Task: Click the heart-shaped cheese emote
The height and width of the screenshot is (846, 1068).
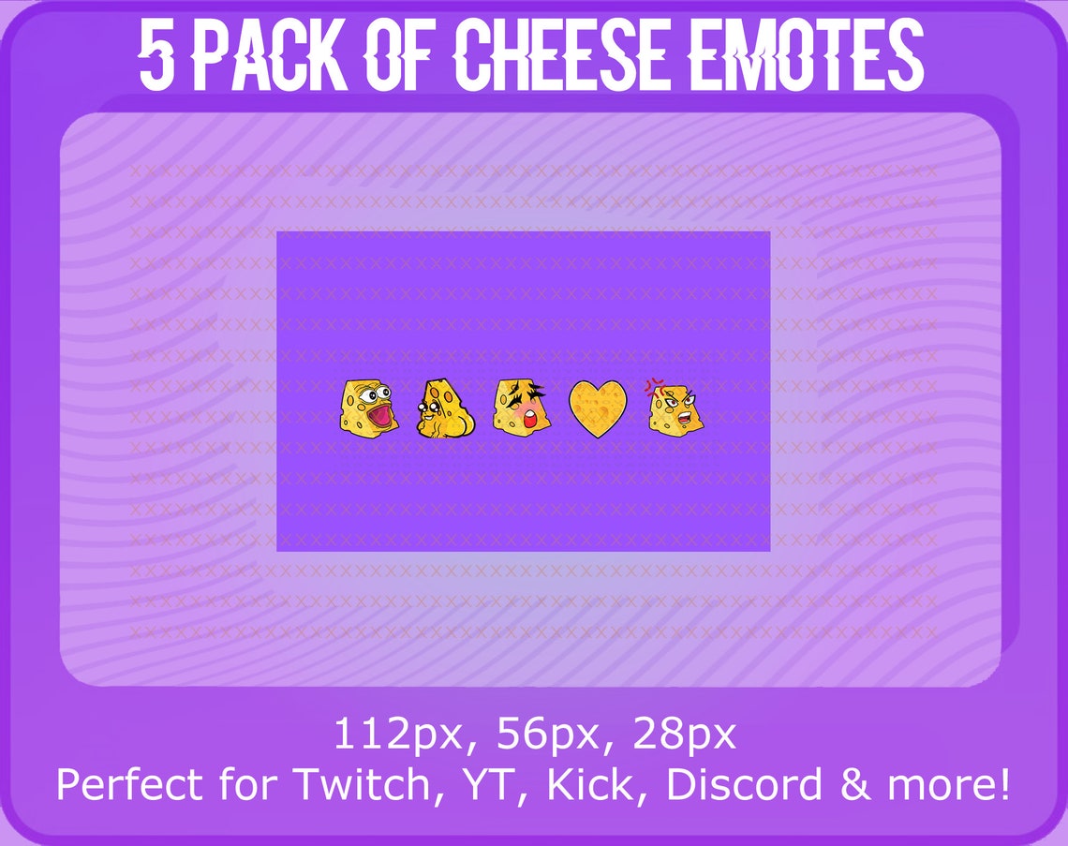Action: [598, 408]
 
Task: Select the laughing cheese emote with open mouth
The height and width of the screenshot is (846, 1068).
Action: [369, 408]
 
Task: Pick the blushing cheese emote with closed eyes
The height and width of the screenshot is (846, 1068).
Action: [522, 408]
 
